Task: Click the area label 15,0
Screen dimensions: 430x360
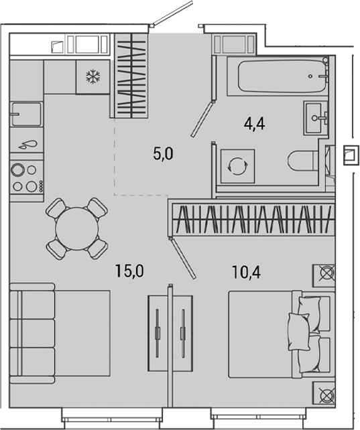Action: point(129,271)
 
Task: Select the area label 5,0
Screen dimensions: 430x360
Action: point(164,155)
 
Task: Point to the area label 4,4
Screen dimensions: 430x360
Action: point(252,124)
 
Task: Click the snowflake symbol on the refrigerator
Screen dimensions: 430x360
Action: point(92,76)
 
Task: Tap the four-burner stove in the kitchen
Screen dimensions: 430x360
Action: point(25,178)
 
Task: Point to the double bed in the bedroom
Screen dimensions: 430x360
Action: point(278,333)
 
